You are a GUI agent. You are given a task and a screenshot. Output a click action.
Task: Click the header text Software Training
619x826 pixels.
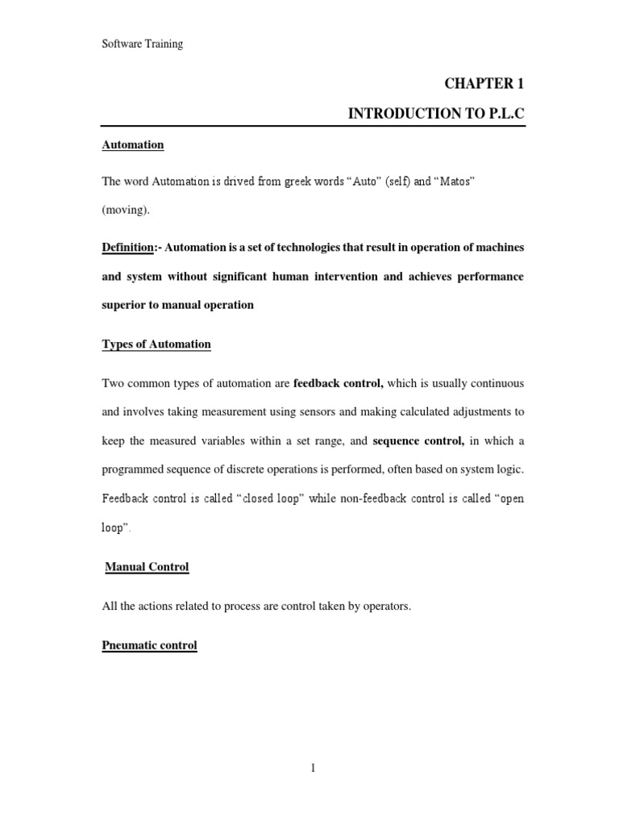[x=142, y=44]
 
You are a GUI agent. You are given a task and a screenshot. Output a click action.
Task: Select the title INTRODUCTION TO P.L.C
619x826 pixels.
[x=435, y=114]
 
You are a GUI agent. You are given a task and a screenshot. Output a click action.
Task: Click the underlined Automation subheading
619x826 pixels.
[x=133, y=145]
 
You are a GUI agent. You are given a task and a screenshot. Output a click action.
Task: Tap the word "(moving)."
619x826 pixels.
[x=126, y=210]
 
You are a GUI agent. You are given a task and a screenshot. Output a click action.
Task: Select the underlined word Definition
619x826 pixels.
[x=127, y=246]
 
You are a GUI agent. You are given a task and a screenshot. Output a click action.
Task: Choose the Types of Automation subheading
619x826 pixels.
[x=156, y=344]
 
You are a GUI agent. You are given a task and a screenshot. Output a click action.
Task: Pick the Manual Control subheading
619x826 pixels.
[x=147, y=567]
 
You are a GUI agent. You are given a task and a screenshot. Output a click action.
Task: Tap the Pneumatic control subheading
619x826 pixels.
[x=149, y=646]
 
